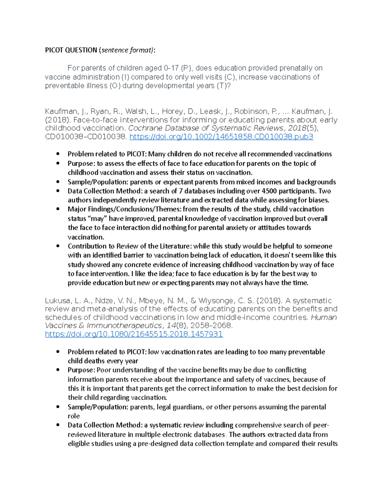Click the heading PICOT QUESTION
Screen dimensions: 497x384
(x=71, y=50)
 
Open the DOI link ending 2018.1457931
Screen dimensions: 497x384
(x=134, y=334)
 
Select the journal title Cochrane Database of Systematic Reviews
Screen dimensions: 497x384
(x=206, y=128)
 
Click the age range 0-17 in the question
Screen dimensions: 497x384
(x=171, y=68)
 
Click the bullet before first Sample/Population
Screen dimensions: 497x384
(x=58, y=182)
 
